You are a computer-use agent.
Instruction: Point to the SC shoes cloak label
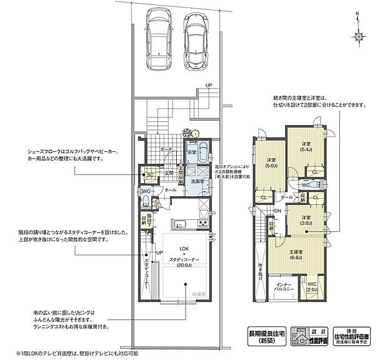tap(149, 176)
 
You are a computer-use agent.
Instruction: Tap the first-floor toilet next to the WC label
tap(145, 201)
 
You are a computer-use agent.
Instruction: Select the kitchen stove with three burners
tap(202, 224)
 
